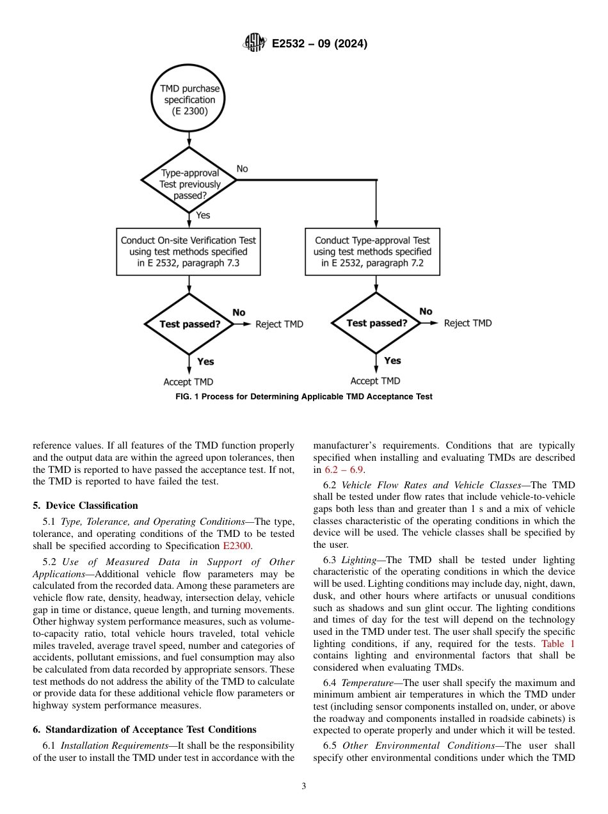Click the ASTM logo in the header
point(255,44)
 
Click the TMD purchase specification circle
point(189,100)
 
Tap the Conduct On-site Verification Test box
point(188,251)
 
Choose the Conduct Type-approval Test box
point(372,251)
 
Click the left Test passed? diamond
point(189,324)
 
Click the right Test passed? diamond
point(376,323)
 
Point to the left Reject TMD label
point(279,324)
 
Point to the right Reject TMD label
point(468,323)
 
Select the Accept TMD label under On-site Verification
point(188,382)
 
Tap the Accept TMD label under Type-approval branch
point(375,381)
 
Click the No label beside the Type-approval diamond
point(243,169)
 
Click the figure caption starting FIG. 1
point(304,397)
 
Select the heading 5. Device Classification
point(85,506)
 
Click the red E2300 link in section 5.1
point(237,546)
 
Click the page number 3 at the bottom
point(304,786)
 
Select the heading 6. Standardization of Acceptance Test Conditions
point(145,730)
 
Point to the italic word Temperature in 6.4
point(368,683)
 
